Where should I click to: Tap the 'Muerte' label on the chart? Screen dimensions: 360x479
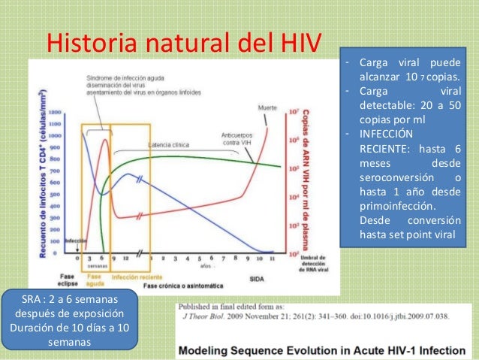click(267, 107)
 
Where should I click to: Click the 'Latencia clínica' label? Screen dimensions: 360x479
click(157, 144)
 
